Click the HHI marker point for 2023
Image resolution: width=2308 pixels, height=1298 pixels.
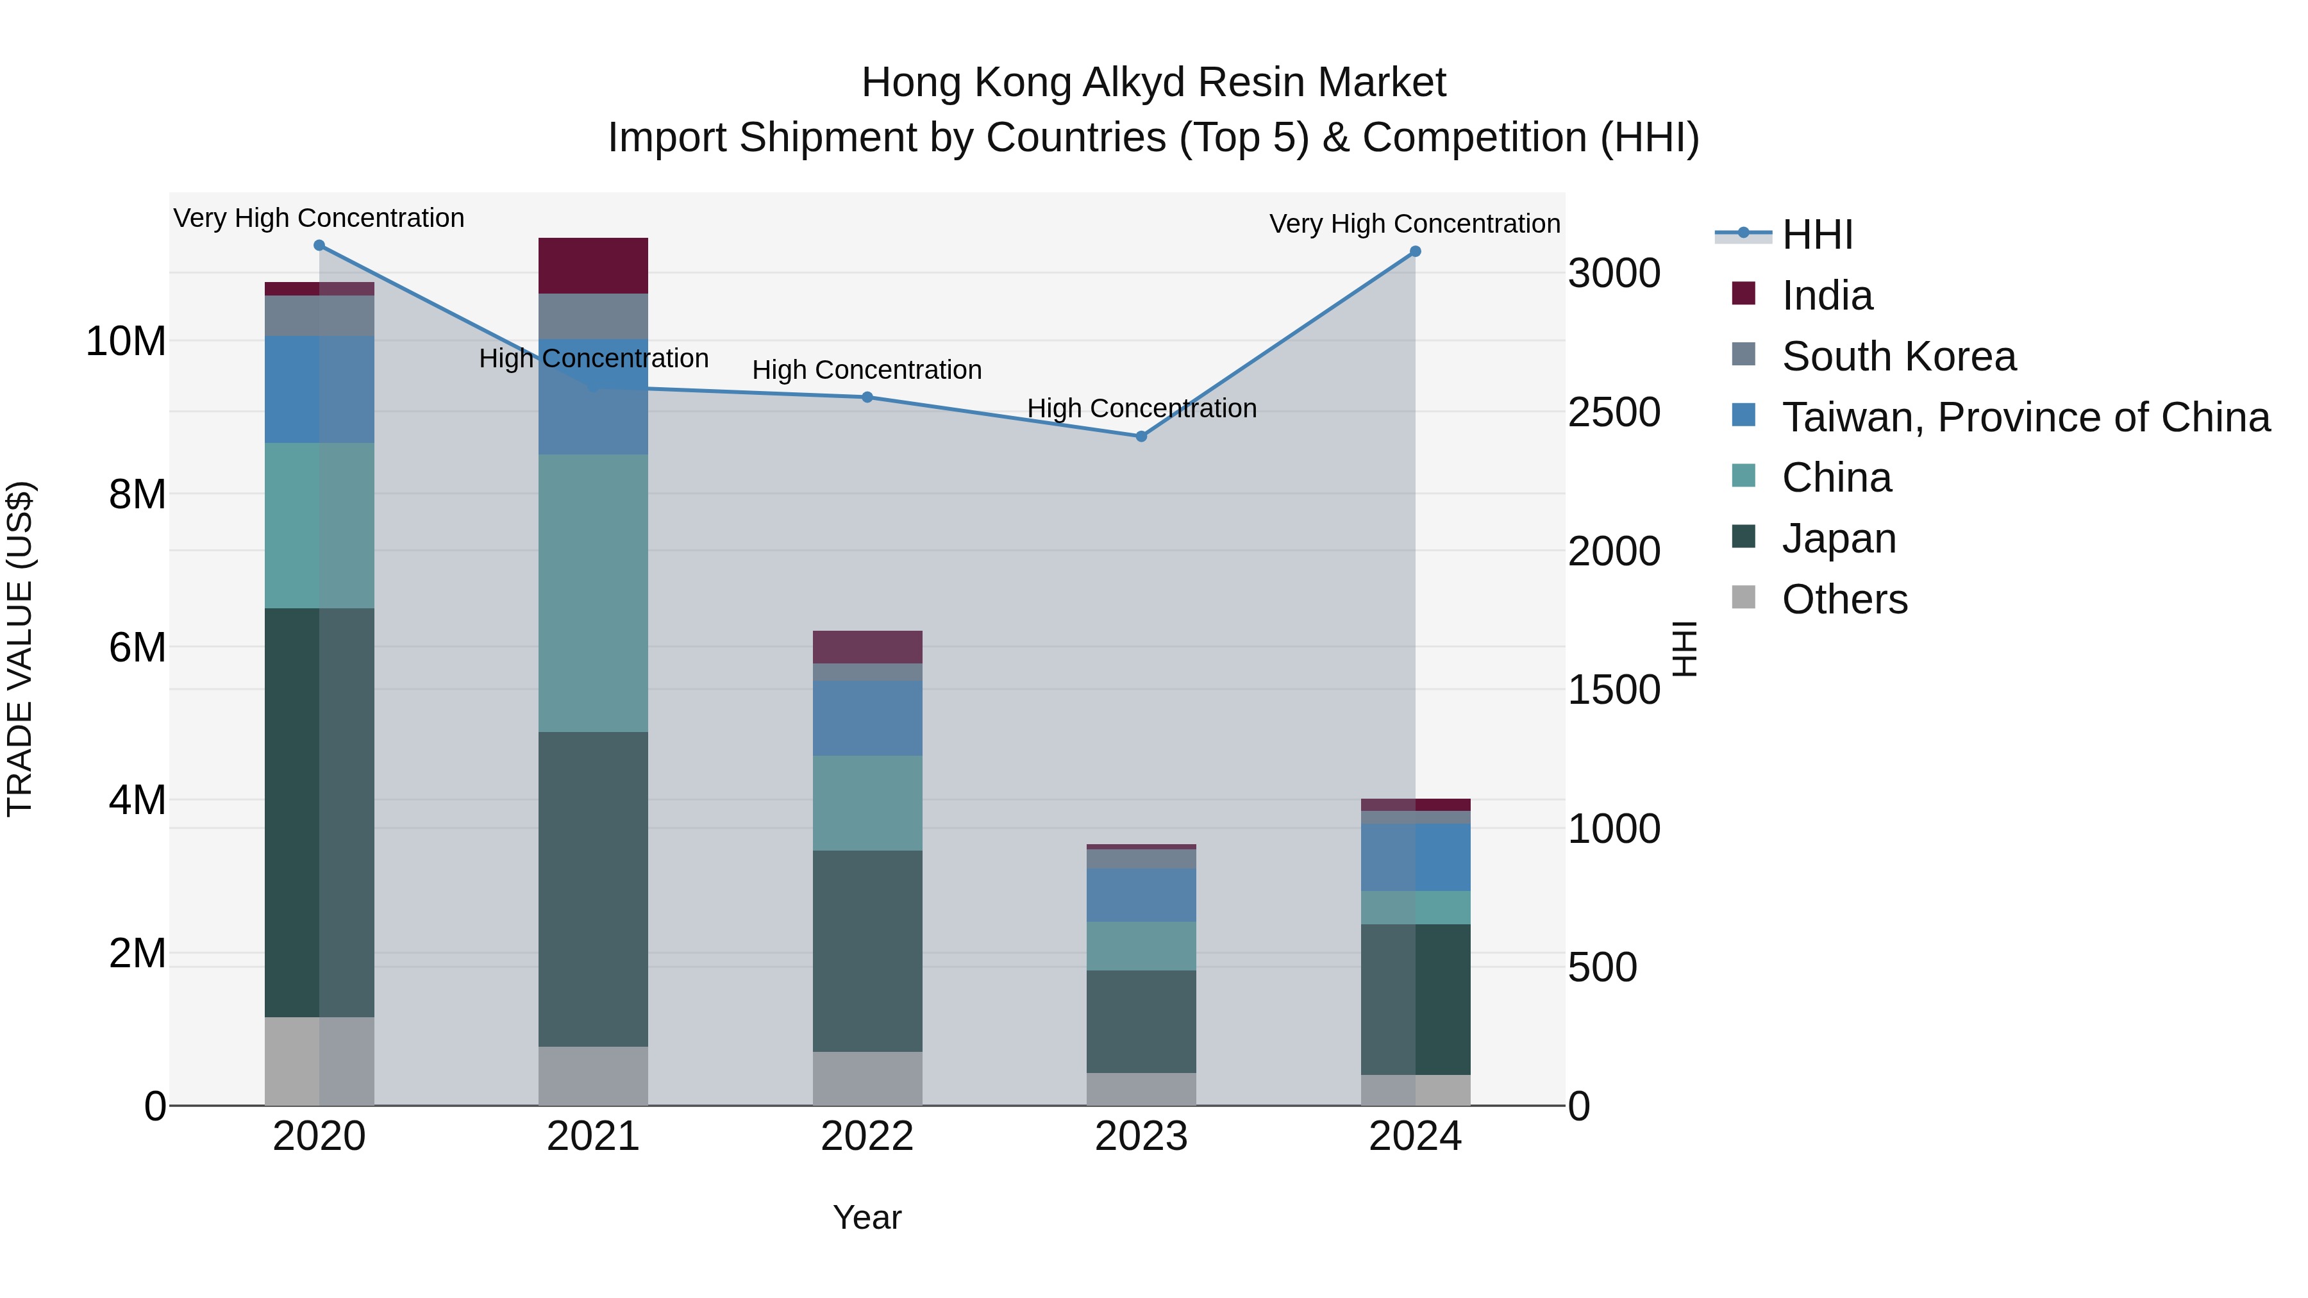pos(1141,437)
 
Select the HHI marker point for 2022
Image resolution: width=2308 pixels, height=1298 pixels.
pos(867,397)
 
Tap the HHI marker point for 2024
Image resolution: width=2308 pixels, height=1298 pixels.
pos(1415,252)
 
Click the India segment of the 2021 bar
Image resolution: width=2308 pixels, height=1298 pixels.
pos(593,265)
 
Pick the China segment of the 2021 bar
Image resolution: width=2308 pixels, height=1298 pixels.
pos(593,592)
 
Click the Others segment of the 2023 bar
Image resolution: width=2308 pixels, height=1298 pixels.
pos(1141,1088)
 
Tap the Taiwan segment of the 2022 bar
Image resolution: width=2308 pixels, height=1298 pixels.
pos(867,717)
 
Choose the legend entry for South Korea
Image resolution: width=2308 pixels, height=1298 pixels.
pos(1898,356)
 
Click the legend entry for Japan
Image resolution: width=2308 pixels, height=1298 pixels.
pos(1839,538)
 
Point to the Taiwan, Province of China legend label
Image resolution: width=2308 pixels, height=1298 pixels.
pos(2026,417)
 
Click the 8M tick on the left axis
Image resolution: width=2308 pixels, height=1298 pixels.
pos(137,494)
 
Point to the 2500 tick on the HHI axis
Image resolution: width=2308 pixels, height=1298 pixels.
pos(1614,412)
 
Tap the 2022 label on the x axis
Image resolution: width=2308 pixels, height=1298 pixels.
pos(867,1136)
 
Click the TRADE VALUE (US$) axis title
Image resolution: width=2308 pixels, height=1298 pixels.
pos(20,649)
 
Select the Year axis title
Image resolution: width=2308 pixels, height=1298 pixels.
pos(867,1217)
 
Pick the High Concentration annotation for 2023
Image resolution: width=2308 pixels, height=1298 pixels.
pos(1141,408)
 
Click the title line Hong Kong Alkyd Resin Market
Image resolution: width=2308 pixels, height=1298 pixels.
pos(1153,83)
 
